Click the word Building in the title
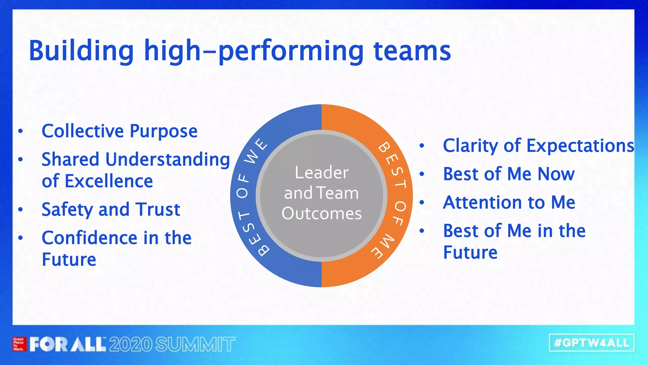(x=81, y=51)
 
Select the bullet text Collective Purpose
(x=120, y=131)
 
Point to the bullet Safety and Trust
(x=111, y=209)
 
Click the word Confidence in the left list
(x=90, y=238)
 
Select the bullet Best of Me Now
(x=509, y=174)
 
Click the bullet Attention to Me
(x=509, y=202)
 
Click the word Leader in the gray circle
(x=321, y=173)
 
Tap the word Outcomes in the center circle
(x=321, y=214)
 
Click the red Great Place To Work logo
(x=18, y=344)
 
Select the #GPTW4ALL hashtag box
(x=592, y=343)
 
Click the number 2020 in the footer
(x=131, y=344)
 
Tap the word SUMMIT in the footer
(x=195, y=344)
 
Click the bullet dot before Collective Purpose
(x=21, y=131)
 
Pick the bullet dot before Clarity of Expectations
(x=421, y=146)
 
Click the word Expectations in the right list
(x=580, y=146)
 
